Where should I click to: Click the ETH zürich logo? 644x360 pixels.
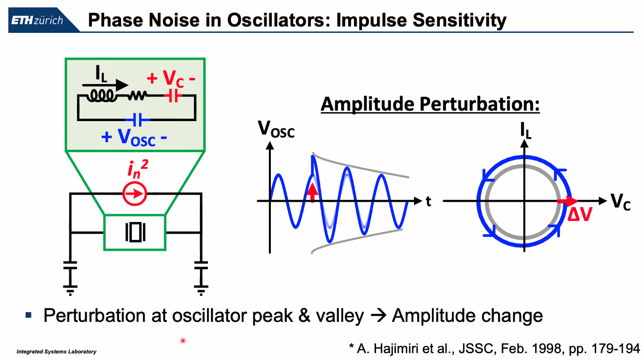(37, 21)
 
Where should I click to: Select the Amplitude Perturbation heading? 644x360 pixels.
(430, 104)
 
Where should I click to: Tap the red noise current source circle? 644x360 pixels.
(135, 193)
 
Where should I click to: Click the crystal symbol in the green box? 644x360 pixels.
(135, 232)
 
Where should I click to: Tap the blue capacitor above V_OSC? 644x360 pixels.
(137, 120)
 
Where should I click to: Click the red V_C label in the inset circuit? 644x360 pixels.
(171, 79)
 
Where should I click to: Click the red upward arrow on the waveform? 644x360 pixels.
(312, 190)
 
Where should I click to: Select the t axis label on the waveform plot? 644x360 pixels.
(428, 202)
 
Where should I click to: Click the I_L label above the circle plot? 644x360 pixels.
(526, 132)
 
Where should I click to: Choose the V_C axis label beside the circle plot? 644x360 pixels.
(621, 202)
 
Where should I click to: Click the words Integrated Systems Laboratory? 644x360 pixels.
(56, 352)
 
